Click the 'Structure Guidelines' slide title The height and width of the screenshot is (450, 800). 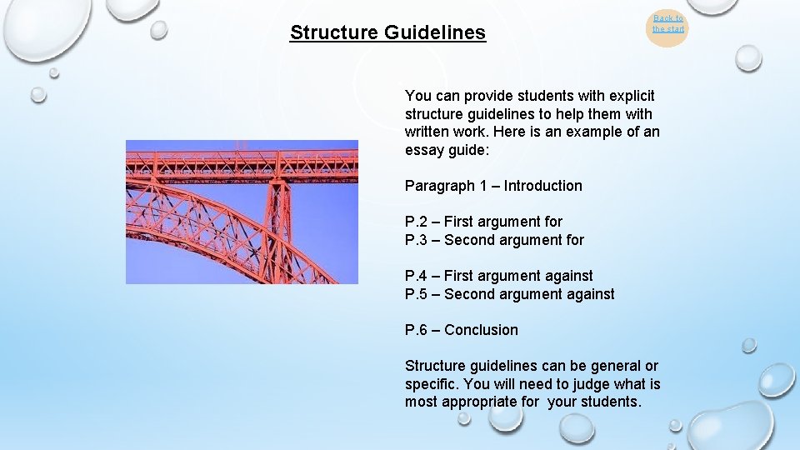click(x=387, y=32)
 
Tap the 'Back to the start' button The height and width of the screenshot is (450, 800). click(x=667, y=24)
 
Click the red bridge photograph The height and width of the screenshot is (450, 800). click(x=242, y=212)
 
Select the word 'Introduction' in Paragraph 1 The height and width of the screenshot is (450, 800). click(x=542, y=186)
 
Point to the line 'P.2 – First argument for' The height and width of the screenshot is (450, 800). click(x=483, y=222)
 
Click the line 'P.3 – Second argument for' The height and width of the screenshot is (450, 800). click(x=494, y=240)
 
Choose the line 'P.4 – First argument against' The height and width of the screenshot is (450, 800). click(x=498, y=276)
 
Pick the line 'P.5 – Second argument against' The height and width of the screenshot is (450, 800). click(x=509, y=294)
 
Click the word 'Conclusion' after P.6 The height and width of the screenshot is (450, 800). click(x=481, y=330)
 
